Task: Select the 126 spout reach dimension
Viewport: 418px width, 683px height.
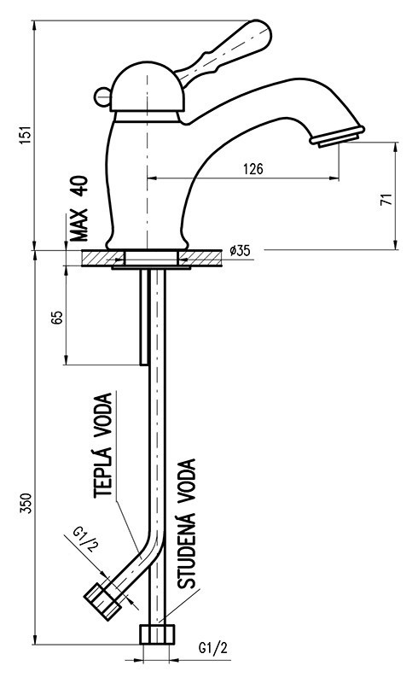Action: coord(253,169)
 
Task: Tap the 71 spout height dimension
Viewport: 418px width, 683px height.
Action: coord(385,199)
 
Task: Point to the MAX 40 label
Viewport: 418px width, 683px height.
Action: coord(80,208)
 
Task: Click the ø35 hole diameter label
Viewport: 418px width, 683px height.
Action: coord(240,251)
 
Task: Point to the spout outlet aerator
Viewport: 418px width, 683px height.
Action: coord(339,137)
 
